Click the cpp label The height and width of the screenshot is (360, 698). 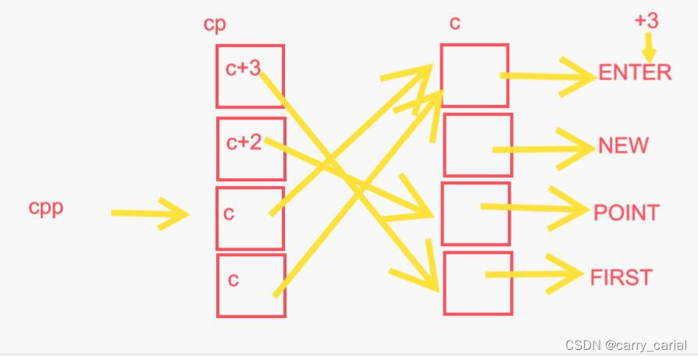(46, 209)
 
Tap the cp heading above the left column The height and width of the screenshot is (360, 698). (215, 25)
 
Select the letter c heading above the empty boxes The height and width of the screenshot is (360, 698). (455, 23)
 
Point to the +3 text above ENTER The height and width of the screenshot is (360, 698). (646, 20)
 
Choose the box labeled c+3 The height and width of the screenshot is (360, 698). (250, 76)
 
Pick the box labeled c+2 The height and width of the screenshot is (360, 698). (250, 149)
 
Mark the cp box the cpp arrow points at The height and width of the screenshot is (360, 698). (250, 218)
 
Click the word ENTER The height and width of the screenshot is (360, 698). (635, 73)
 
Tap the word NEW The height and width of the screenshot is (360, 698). (623, 145)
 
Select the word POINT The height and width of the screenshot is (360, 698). (626, 212)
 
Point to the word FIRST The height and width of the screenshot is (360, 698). (621, 277)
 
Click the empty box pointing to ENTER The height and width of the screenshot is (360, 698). (475, 75)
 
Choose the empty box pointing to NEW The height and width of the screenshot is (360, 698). (478, 145)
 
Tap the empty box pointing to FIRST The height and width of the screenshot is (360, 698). (478, 283)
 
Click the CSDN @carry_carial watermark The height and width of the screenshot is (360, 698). (626, 344)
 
